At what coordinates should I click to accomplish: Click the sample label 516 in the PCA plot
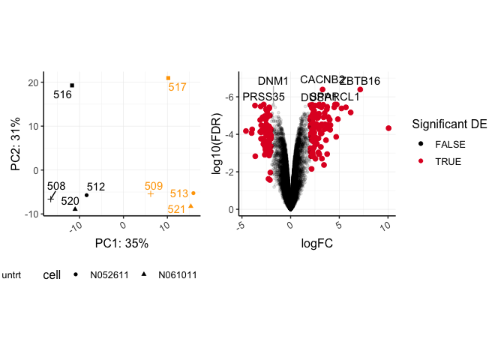[62, 95]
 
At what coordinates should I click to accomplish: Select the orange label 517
[177, 87]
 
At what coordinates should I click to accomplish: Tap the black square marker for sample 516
[72, 85]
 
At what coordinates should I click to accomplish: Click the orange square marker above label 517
[168, 78]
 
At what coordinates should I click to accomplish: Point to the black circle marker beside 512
[86, 195]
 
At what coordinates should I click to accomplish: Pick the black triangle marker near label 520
[75, 208]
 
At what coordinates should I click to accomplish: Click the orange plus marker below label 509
[151, 193]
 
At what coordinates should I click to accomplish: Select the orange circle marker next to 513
[193, 193]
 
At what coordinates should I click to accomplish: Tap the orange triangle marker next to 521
[190, 205]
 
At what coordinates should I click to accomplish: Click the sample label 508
[56, 186]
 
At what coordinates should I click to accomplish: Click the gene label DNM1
[273, 81]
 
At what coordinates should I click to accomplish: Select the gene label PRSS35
[264, 97]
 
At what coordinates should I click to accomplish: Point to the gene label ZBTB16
[360, 81]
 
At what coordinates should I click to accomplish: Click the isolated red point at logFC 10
[388, 128]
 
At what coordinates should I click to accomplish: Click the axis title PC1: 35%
[121, 243]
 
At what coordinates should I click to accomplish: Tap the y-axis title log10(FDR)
[218, 143]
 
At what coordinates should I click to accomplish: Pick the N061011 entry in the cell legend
[177, 274]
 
